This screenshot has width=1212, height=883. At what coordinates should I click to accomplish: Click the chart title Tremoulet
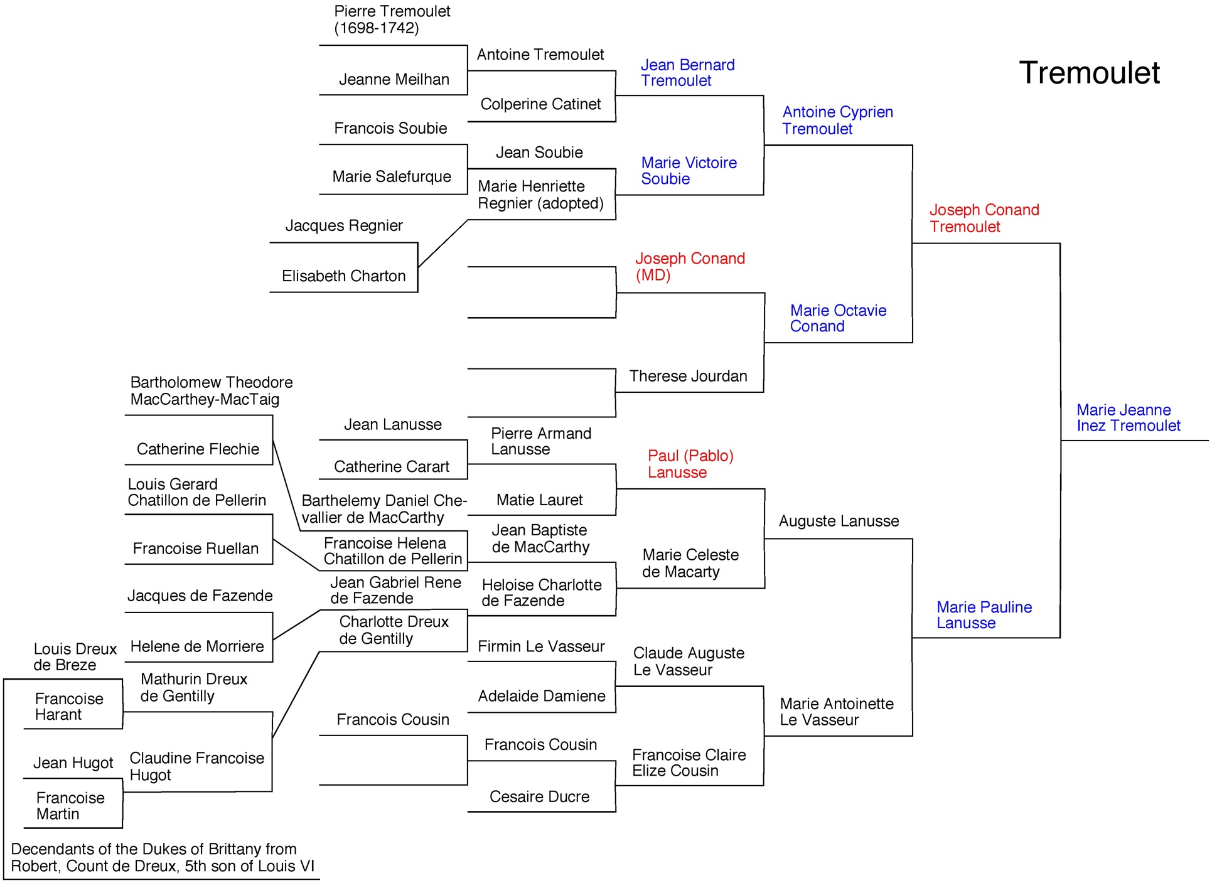1089,73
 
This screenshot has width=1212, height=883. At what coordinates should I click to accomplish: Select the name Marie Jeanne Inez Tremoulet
1128,418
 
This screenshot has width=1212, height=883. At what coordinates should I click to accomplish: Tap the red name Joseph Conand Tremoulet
984,218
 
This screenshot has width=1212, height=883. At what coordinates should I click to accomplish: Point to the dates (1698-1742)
377,28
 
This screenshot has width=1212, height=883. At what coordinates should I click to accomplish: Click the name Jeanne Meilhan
394,80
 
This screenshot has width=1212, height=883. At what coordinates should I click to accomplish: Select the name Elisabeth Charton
343,276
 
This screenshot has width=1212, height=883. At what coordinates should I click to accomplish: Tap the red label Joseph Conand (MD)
690,267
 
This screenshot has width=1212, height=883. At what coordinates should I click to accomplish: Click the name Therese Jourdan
688,376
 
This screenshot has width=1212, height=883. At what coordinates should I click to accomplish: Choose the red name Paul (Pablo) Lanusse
690,464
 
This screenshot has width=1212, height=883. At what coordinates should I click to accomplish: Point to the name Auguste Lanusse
839,521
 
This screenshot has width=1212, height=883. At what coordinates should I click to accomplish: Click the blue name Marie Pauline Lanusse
984,615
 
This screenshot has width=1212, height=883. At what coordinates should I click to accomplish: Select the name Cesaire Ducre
539,796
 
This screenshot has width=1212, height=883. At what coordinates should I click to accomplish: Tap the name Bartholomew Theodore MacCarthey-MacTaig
211,391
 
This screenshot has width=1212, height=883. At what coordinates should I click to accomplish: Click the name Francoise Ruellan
195,549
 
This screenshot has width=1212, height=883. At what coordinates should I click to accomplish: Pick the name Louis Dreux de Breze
75,657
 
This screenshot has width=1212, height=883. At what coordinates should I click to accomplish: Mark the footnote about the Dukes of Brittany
162,857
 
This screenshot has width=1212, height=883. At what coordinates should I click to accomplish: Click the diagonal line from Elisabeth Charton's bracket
442,243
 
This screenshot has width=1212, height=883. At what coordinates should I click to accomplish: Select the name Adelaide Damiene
542,696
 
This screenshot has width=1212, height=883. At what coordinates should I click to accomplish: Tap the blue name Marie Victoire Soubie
689,171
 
